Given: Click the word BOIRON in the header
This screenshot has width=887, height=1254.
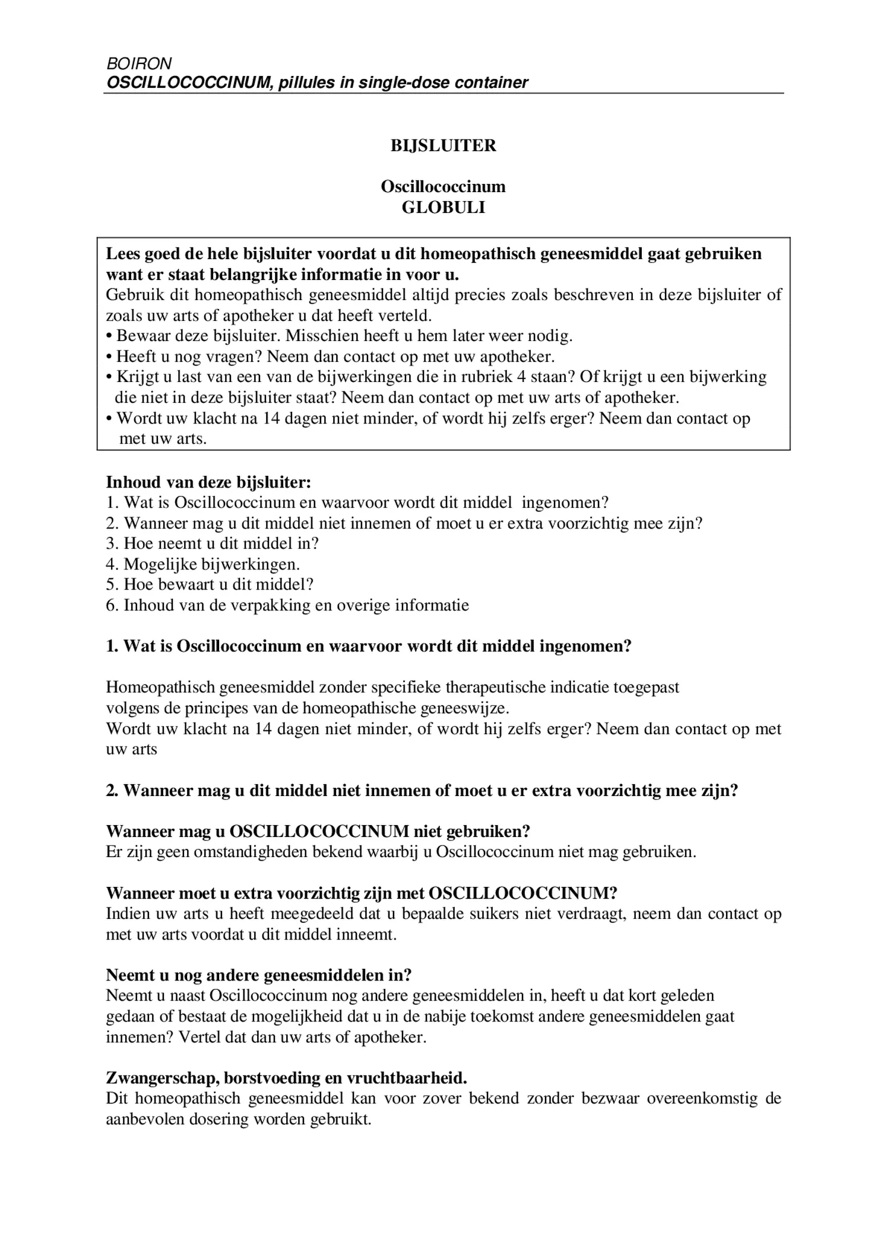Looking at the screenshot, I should click(139, 63).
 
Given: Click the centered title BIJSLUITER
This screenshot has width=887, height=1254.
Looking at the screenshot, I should click(443, 145).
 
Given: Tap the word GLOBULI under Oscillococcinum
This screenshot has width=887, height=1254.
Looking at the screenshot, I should click(443, 208).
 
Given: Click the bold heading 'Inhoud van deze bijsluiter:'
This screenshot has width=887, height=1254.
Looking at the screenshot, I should click(208, 482).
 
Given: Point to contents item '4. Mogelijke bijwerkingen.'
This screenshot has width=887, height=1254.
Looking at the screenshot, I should click(202, 564).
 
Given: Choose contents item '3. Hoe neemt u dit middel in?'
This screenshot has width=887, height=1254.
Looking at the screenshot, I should click(212, 543).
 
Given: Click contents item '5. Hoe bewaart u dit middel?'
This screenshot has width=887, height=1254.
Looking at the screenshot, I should click(210, 584).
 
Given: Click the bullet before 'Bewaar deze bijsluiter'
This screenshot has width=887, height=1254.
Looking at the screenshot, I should click(109, 336).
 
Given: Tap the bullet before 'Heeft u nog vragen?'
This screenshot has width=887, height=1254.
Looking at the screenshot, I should click(109, 357).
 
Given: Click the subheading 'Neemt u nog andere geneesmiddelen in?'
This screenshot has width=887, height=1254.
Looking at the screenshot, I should click(259, 975).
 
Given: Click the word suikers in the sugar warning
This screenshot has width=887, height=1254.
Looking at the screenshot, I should click(494, 914).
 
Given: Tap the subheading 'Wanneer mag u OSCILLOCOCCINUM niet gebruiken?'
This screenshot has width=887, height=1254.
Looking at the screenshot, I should click(318, 832).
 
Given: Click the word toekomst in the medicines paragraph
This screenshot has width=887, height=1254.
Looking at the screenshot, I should click(498, 1017).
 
